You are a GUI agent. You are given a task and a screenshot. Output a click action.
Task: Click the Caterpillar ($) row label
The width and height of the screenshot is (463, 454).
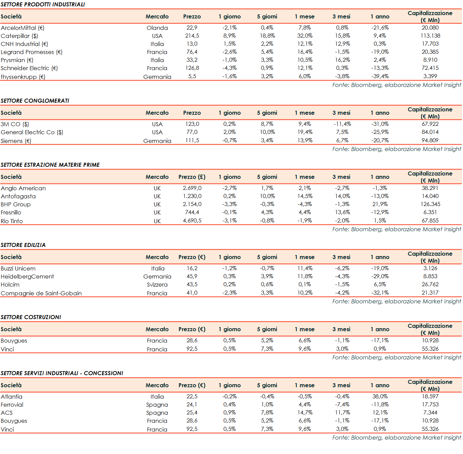[x=19, y=36]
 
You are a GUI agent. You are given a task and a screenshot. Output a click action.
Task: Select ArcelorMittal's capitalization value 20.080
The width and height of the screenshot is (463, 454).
[x=430, y=28]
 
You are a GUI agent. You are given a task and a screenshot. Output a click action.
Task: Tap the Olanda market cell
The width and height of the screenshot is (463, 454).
[x=157, y=28]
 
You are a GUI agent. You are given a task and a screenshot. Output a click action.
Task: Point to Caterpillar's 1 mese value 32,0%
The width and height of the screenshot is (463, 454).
[x=305, y=36]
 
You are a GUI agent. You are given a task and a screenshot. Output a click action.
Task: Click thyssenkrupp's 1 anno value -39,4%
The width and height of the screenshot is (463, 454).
[x=380, y=77]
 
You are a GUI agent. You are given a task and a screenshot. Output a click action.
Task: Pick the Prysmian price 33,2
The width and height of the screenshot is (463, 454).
[x=192, y=60]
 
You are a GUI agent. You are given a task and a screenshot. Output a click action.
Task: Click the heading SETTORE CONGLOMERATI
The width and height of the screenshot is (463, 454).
[x=35, y=101]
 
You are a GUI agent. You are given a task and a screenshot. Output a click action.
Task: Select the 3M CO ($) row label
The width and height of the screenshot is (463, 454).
[x=15, y=124]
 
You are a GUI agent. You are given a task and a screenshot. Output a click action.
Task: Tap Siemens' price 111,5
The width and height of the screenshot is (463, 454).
[x=192, y=141]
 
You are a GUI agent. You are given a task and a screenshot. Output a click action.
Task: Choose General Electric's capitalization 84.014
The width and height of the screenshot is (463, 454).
[x=430, y=132]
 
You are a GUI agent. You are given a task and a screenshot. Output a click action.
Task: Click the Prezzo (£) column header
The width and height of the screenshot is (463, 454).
[x=192, y=177]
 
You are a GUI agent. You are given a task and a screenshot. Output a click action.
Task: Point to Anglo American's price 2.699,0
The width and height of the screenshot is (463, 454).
[x=192, y=188]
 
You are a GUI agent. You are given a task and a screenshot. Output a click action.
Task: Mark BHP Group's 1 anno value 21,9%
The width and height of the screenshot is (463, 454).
[x=380, y=204]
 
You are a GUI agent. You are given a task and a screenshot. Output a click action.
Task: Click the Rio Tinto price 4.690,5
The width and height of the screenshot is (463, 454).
[x=192, y=221]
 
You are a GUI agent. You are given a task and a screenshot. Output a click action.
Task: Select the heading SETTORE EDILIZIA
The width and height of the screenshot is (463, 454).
[x=23, y=245]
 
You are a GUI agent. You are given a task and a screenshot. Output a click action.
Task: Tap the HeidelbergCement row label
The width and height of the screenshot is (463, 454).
[x=27, y=276]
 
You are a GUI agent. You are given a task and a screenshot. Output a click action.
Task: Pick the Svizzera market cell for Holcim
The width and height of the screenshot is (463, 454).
[x=157, y=285]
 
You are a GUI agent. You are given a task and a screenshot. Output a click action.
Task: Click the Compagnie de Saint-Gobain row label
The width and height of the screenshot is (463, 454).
[x=41, y=293]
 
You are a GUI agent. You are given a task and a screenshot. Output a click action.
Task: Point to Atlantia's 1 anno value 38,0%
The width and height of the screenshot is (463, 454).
[x=380, y=397]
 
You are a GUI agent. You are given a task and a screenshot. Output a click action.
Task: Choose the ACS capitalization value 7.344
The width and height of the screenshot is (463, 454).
[x=430, y=413]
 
